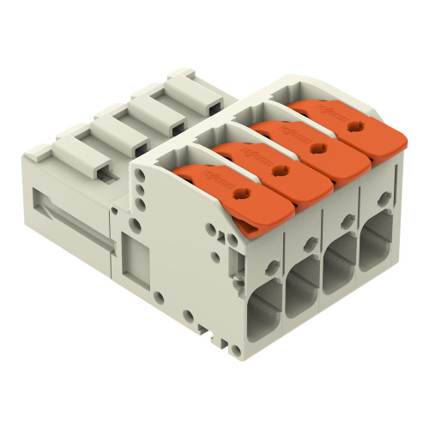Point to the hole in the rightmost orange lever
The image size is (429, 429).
tap(353, 126)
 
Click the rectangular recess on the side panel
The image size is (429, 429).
tap(136, 257)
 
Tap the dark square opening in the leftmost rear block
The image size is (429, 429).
tap(102, 172)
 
